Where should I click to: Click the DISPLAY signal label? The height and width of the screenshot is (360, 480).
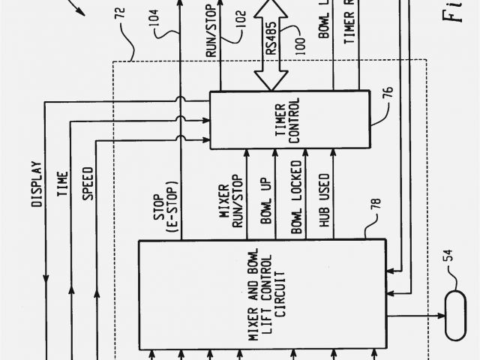tap(35, 184)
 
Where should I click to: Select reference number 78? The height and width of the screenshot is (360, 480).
tap(374, 202)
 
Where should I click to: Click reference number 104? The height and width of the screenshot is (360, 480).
tap(154, 34)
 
